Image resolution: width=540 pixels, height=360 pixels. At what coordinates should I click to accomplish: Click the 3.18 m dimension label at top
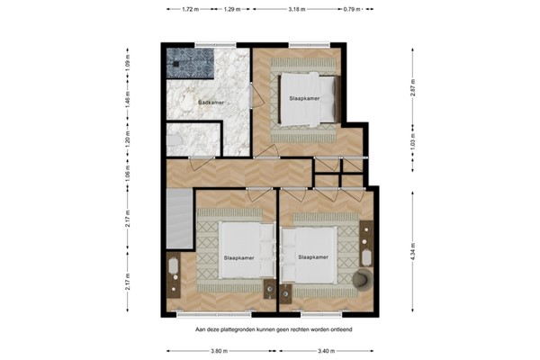[x=295, y=10]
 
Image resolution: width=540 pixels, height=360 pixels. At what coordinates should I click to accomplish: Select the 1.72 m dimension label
[x=189, y=10]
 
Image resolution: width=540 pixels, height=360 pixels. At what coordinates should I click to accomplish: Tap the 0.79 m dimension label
[x=352, y=10]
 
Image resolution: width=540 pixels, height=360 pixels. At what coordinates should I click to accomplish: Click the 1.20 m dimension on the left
[x=127, y=141]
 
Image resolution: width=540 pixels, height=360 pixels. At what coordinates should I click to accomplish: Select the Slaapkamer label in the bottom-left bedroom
[x=238, y=257]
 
